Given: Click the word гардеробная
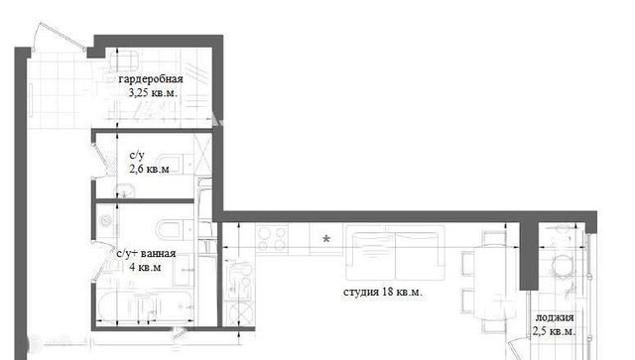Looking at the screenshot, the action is tap(151, 79).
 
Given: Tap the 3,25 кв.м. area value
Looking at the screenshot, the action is tap(153, 93).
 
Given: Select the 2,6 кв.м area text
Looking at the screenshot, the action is tap(149, 169).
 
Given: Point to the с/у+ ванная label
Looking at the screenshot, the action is tap(146, 254).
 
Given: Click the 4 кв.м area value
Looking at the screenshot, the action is tap(145, 268).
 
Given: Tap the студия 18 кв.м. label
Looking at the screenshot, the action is tap(383, 292).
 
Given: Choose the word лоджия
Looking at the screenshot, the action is tap(555, 317).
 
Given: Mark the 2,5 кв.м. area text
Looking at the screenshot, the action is tap(554, 331).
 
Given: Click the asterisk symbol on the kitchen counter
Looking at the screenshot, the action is tap(326, 239).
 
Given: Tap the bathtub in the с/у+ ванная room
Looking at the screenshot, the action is tap(145, 306).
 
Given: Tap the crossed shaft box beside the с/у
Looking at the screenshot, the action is tap(202, 155).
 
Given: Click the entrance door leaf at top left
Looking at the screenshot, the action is tap(61, 37).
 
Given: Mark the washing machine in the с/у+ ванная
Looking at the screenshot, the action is tap(106, 221).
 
